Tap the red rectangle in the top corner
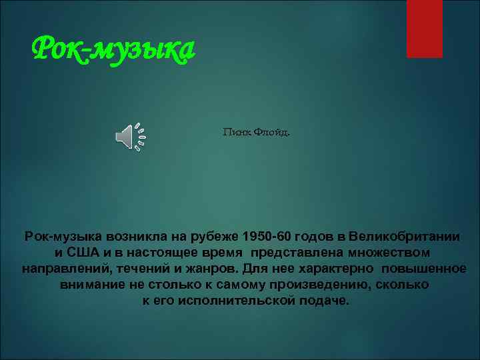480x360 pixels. click(x=424, y=28)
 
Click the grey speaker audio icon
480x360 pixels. click(x=130, y=137)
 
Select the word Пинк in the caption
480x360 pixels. click(x=235, y=132)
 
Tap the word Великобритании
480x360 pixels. click(x=407, y=237)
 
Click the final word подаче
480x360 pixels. click(x=325, y=301)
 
